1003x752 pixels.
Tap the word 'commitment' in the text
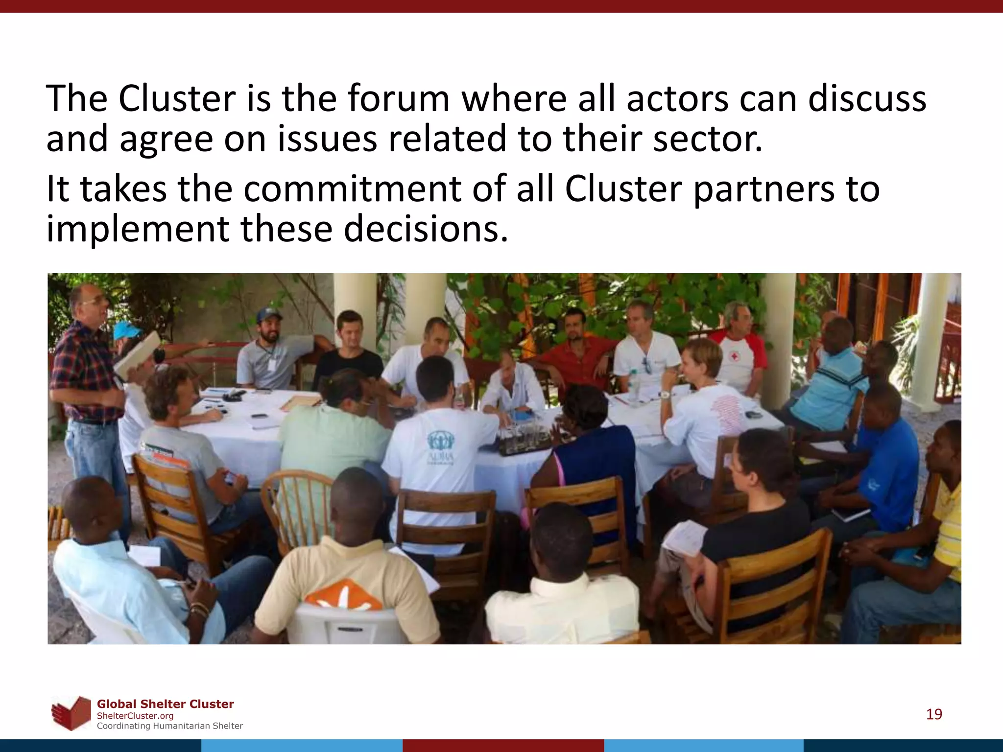click(352, 189)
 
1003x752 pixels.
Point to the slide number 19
click(934, 714)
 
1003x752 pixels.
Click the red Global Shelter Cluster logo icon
click(72, 713)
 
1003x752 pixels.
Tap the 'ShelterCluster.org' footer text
click(135, 716)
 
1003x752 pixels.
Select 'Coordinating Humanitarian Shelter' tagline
click(169, 726)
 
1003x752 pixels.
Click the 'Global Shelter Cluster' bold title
click(165, 704)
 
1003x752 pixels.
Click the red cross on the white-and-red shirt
click(734, 357)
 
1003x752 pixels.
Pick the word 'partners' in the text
click(764, 189)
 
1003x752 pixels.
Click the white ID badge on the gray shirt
click(271, 365)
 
